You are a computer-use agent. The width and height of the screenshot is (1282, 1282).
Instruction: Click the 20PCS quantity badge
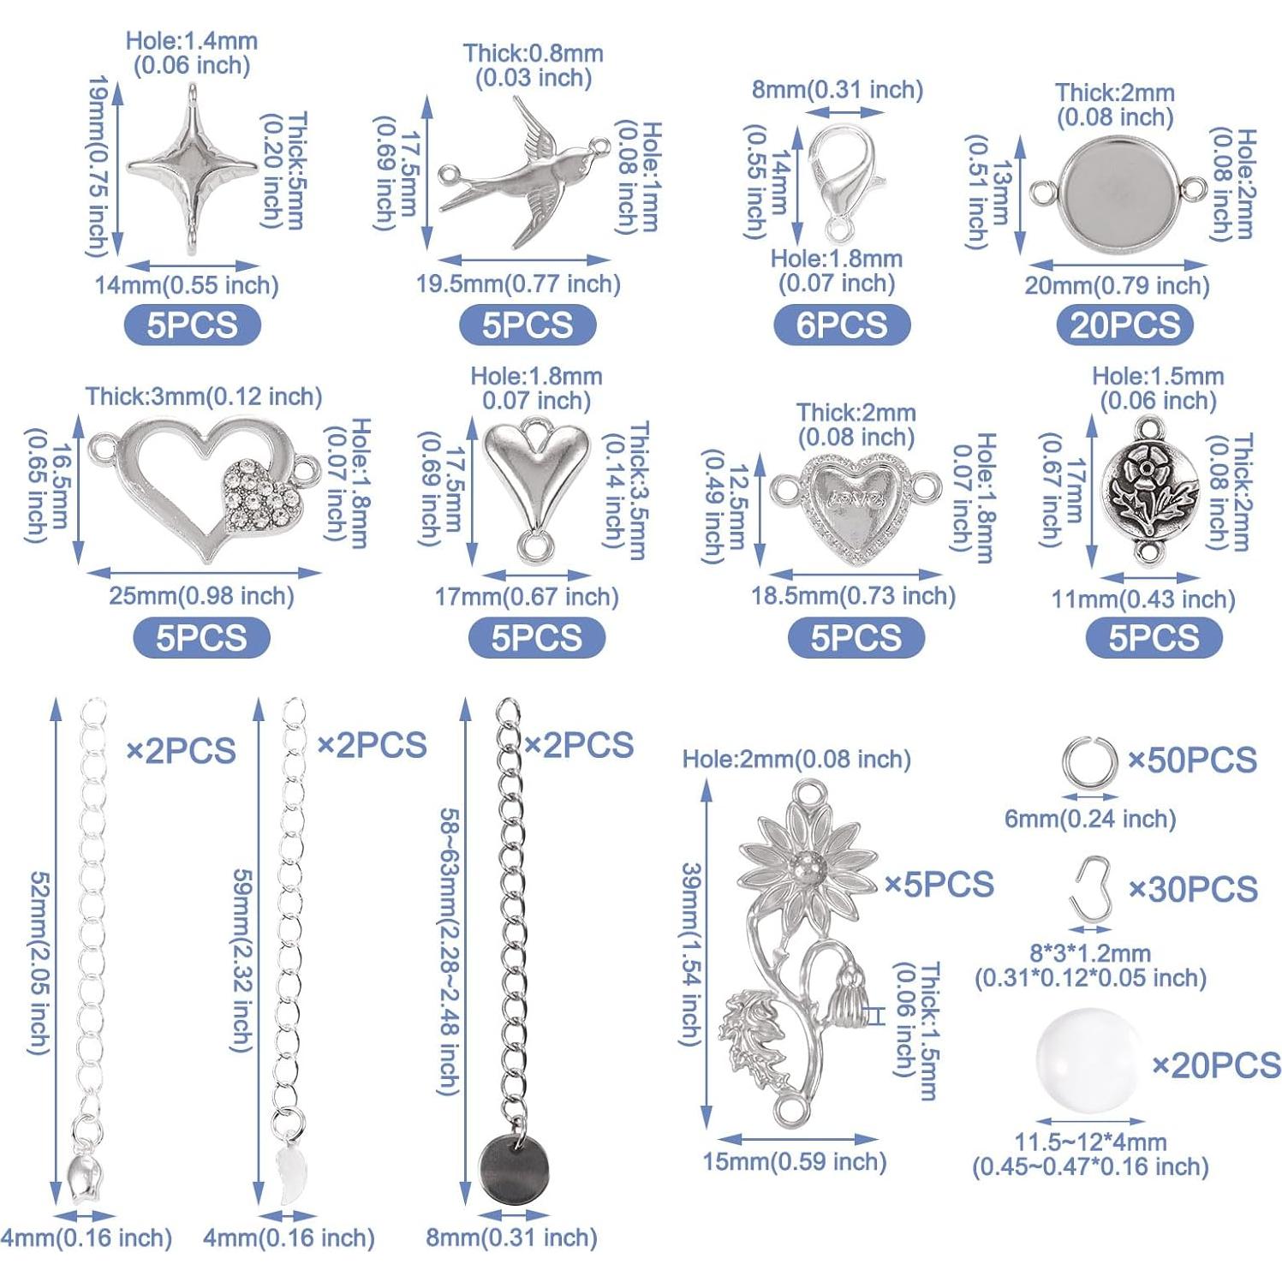click(x=1124, y=325)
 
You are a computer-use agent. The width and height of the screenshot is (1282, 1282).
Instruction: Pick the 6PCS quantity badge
click(x=841, y=325)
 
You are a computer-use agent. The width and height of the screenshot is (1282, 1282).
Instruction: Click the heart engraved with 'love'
click(x=853, y=499)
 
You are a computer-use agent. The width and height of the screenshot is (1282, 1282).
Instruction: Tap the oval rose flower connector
click(x=1149, y=488)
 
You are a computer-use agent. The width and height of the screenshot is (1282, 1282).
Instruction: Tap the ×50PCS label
click(x=1192, y=760)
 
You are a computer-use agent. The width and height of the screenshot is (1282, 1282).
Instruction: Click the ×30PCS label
click(x=1193, y=890)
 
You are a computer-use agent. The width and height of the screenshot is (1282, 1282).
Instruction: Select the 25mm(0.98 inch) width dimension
click(x=201, y=596)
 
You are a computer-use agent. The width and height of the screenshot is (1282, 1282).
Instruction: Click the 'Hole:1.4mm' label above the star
click(x=191, y=41)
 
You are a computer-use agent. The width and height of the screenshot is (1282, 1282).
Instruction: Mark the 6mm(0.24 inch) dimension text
click(x=1089, y=820)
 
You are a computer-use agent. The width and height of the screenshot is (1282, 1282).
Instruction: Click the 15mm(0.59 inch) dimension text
click(x=794, y=1162)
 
